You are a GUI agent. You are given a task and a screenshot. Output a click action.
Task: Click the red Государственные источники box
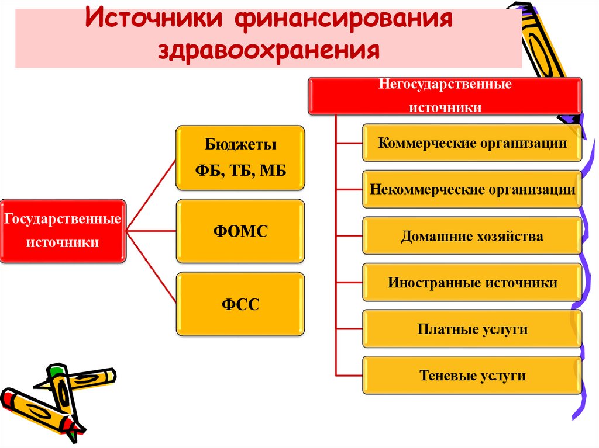coord(63,231)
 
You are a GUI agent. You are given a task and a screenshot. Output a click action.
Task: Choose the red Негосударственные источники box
coord(445,96)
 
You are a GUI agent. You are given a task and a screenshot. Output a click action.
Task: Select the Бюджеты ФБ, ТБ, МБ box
coord(240,157)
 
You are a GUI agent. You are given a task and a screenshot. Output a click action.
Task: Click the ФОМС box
coord(240,231)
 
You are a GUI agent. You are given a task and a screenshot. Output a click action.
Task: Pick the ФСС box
coord(240,304)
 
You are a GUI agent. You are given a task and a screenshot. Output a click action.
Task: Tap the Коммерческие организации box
coord(472,143)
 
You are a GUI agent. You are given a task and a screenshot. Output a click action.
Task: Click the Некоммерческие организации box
coord(472,189)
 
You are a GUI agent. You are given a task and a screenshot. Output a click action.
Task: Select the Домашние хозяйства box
coord(472,236)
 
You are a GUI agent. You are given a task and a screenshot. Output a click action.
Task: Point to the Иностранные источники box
coord(472,283)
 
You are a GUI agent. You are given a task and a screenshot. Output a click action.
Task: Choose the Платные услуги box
coord(472,329)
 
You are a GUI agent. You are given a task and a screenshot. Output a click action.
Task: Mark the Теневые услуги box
coord(472,376)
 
